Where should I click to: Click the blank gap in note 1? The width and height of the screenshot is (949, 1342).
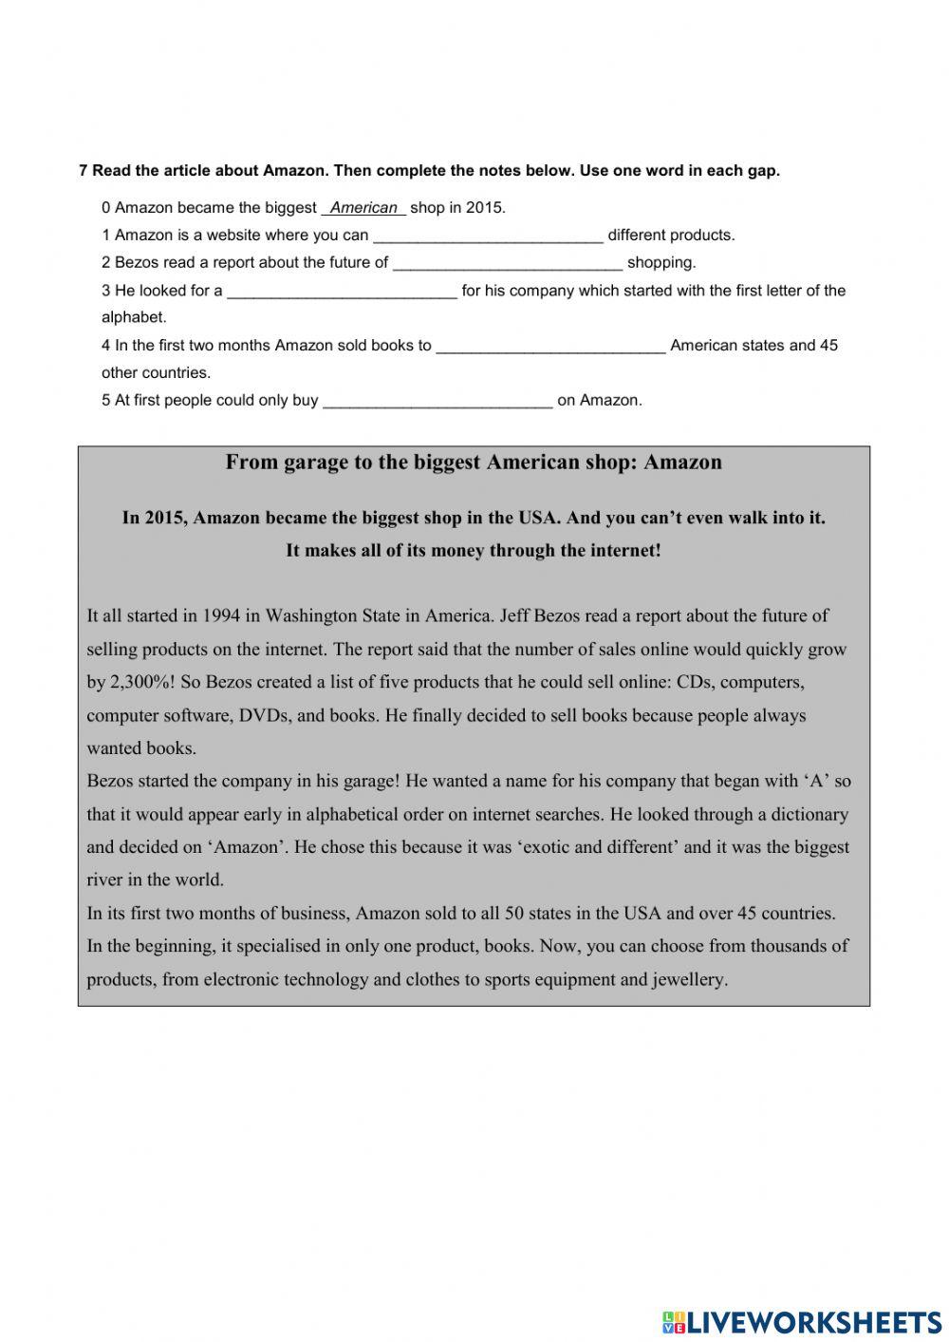(488, 236)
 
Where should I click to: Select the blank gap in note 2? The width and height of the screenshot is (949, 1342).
(508, 263)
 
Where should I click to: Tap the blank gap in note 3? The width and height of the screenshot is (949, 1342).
(343, 291)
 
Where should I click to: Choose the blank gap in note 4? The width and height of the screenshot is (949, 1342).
(550, 346)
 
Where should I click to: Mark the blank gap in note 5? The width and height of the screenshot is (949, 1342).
(437, 401)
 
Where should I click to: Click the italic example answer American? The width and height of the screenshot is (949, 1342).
(363, 208)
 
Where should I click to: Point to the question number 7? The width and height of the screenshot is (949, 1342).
(84, 171)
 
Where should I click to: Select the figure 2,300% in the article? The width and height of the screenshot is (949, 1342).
(140, 682)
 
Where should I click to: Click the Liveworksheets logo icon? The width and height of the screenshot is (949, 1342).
(674, 1321)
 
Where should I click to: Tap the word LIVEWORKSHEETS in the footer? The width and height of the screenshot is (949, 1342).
(814, 1321)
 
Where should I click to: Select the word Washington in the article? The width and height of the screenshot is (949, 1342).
(309, 615)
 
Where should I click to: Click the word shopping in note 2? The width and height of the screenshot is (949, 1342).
(661, 263)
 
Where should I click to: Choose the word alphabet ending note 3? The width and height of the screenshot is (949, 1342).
(133, 318)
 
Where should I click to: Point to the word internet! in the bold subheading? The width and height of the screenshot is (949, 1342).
(623, 551)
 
